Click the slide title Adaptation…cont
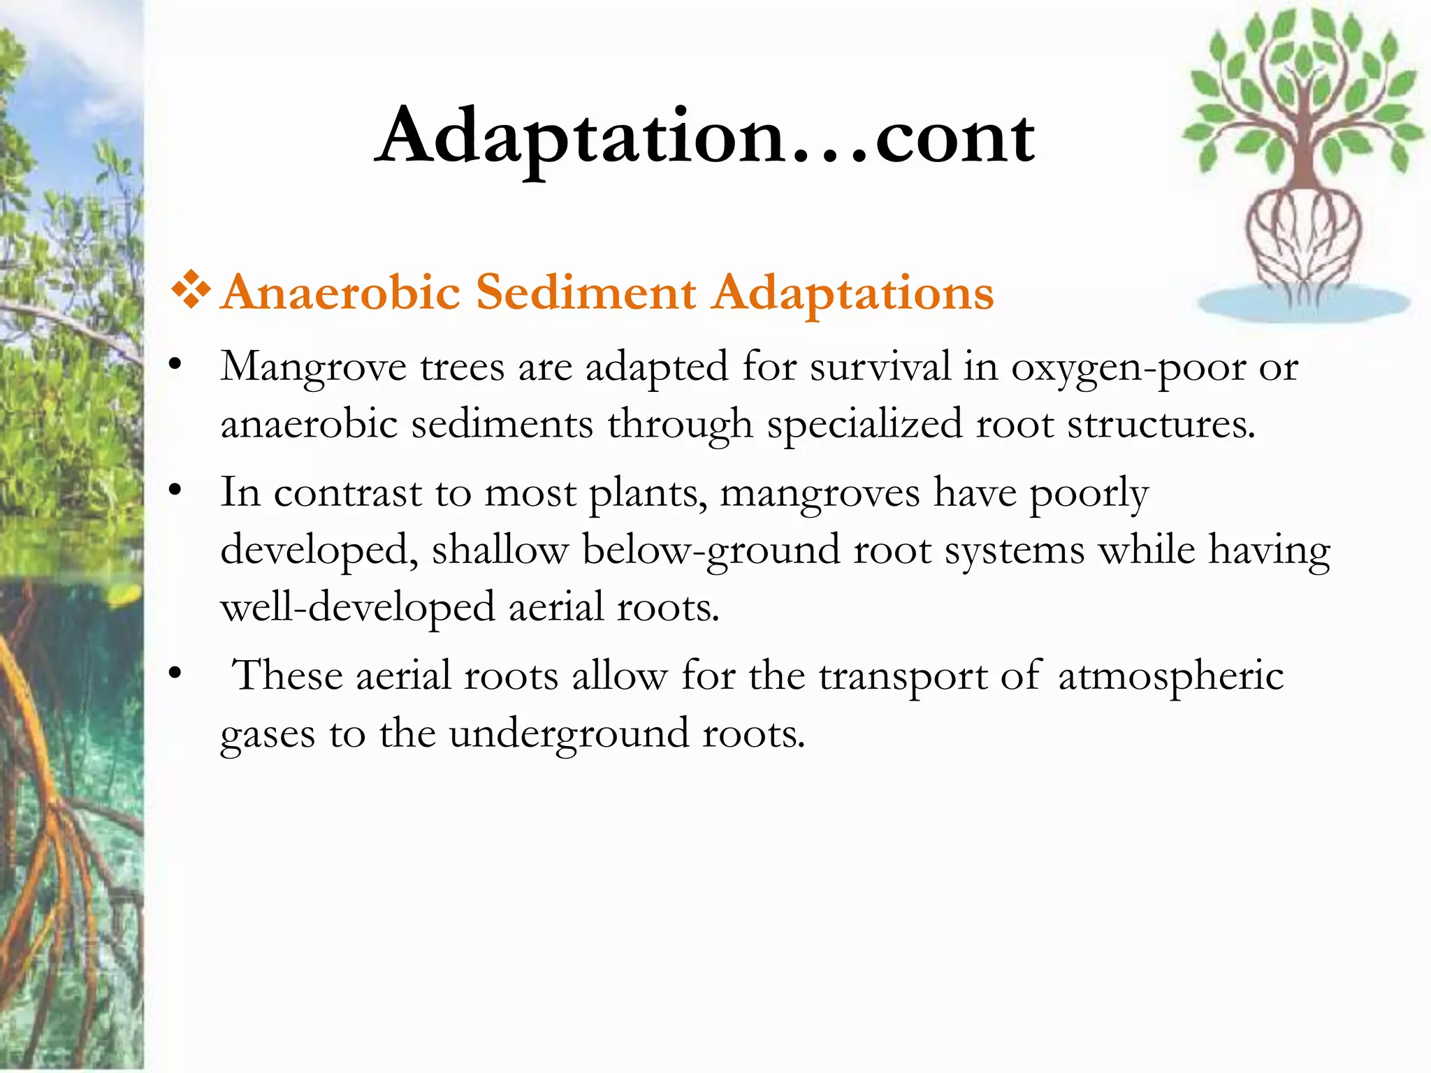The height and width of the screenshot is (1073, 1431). [x=704, y=136]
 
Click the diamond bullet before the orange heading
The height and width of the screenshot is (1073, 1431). [x=190, y=291]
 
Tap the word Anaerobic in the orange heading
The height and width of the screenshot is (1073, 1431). [x=341, y=292]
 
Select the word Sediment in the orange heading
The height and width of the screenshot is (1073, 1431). [x=586, y=292]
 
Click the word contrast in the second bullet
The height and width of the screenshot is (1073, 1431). [x=347, y=493]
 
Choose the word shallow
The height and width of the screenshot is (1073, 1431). [x=500, y=550]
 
